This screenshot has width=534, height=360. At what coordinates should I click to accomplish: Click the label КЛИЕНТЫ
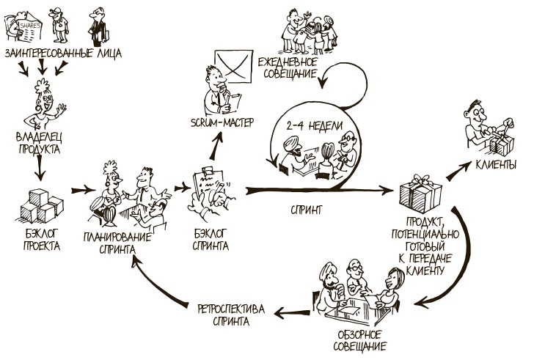[496, 164]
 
